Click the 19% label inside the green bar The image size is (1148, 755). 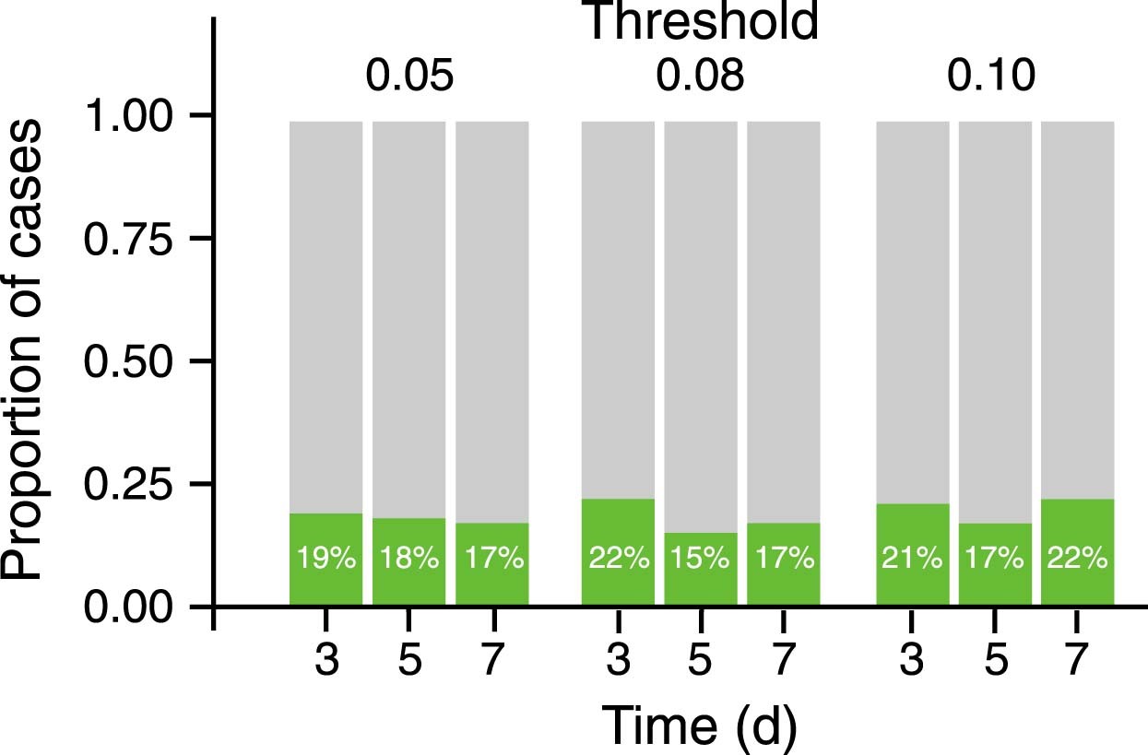(x=325, y=559)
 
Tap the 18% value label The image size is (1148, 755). (x=408, y=559)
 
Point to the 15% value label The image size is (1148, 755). (x=700, y=559)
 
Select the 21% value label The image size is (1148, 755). (x=912, y=559)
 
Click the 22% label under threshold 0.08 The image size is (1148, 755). (x=618, y=559)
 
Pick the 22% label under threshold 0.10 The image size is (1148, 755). (x=1077, y=559)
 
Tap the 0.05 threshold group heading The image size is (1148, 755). (x=408, y=77)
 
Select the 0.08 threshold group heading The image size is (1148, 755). (x=700, y=77)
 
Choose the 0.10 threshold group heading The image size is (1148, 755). (x=992, y=77)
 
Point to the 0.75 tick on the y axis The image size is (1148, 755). (x=128, y=238)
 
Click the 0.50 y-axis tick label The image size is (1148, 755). (x=128, y=360)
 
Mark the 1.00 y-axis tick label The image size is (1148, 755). (x=128, y=115)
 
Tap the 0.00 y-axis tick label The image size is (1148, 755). (x=128, y=607)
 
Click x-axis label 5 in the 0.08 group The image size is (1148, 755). (x=700, y=662)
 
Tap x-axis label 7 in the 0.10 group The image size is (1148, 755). (x=1075, y=662)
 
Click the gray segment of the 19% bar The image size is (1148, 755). (x=325, y=313)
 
